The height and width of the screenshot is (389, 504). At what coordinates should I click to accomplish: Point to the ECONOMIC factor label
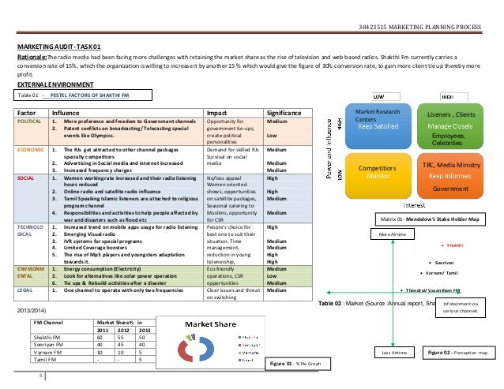click(x=32, y=148)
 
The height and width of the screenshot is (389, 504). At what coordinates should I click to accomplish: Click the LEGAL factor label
click(x=27, y=290)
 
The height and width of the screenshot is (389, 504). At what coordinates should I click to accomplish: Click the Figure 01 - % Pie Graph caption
click(x=297, y=364)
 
